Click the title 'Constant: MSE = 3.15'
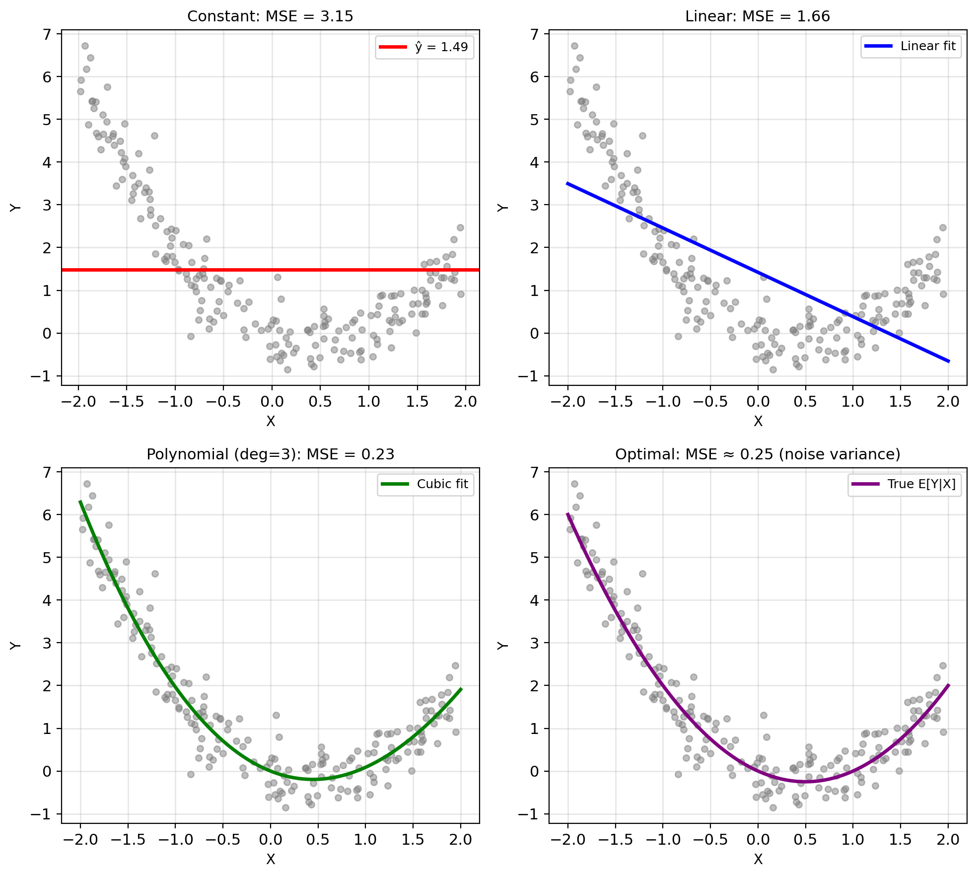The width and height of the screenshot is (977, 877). [x=270, y=16]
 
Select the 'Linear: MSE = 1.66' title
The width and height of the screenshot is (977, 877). [x=757, y=16]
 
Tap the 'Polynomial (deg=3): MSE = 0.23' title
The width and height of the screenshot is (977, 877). [x=270, y=454]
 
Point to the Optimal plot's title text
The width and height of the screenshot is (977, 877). [x=757, y=454]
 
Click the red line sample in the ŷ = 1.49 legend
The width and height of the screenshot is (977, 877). [x=392, y=47]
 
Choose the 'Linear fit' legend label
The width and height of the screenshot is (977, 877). [x=927, y=46]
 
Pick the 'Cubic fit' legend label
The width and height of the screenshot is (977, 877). [x=442, y=484]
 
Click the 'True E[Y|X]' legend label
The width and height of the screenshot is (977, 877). [x=921, y=484]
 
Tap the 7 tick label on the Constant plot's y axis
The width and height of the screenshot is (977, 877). [x=47, y=34]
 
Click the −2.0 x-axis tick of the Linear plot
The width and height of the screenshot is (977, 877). [x=567, y=402]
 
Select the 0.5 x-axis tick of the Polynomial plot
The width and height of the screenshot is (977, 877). [x=318, y=840]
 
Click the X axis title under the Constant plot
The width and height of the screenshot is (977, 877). [x=270, y=422]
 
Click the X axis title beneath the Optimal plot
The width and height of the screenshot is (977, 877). [x=758, y=860]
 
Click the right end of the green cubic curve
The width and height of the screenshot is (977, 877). [x=461, y=689]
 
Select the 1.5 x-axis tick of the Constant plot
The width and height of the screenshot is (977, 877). [x=417, y=402]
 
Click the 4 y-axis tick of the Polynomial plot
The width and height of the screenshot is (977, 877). [x=47, y=600]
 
